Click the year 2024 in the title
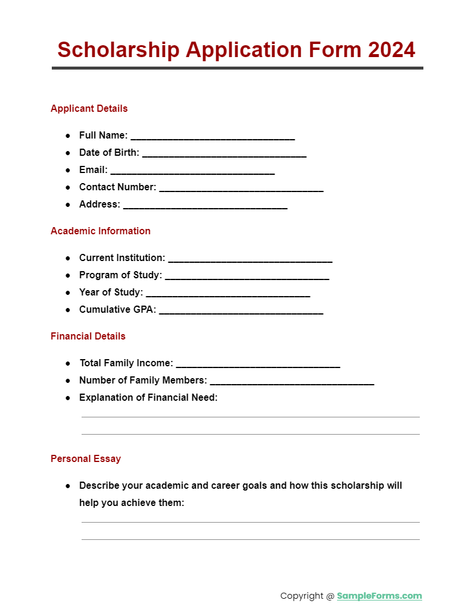click(x=390, y=50)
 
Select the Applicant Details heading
click(x=89, y=108)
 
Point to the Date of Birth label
click(x=109, y=153)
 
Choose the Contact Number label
click(x=117, y=187)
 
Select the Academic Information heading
click(x=101, y=231)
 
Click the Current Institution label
click(x=122, y=258)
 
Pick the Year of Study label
click(x=111, y=293)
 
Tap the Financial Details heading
click(x=88, y=336)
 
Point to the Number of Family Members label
click(x=143, y=381)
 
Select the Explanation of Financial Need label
click(x=148, y=398)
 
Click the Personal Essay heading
click(x=86, y=458)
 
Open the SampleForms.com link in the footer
click(x=379, y=596)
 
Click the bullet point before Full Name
click(x=68, y=136)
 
